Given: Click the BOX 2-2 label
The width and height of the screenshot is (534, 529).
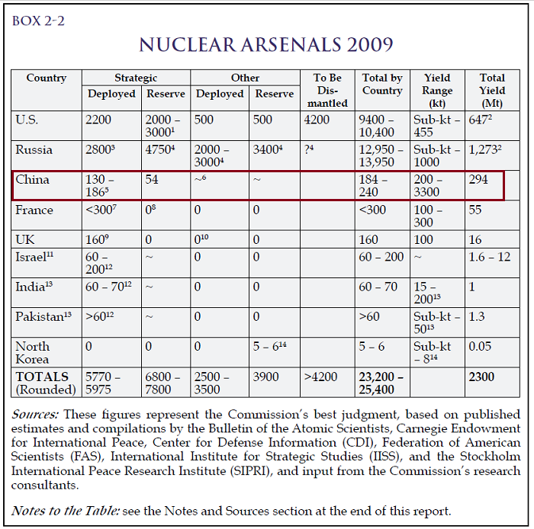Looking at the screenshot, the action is [38, 21].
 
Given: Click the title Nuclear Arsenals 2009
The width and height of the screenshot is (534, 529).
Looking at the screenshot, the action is [266, 44].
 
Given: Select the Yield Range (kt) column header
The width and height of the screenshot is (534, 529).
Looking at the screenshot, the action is [437, 90].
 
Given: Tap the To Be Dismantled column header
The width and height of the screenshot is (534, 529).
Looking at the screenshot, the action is [327, 90].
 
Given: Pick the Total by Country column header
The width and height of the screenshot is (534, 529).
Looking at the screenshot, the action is [382, 84].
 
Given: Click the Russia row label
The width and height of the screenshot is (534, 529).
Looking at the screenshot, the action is [34, 149].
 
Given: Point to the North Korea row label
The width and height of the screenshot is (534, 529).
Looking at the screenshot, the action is [32, 353].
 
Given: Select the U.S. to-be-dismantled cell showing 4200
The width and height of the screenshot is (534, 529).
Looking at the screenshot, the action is [317, 120].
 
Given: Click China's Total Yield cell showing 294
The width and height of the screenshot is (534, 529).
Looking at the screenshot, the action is [478, 179].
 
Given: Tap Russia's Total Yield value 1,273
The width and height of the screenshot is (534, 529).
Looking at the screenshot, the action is [485, 149].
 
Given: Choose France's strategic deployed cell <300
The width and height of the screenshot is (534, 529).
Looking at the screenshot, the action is [101, 210].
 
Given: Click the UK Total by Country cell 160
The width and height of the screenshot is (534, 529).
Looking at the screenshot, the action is [368, 239].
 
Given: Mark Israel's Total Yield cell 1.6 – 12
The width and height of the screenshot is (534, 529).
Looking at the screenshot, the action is [490, 257].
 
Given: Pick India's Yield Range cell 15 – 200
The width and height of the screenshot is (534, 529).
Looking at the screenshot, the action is [427, 293].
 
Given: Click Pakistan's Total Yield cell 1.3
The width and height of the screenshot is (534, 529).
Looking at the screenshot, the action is [477, 316].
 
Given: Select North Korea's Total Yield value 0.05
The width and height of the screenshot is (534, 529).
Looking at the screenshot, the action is [480, 346].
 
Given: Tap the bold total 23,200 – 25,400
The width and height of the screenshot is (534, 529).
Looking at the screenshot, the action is [381, 383].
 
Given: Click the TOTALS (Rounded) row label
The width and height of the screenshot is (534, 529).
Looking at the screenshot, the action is [46, 383].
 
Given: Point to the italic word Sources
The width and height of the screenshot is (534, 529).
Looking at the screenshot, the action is [35, 415].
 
